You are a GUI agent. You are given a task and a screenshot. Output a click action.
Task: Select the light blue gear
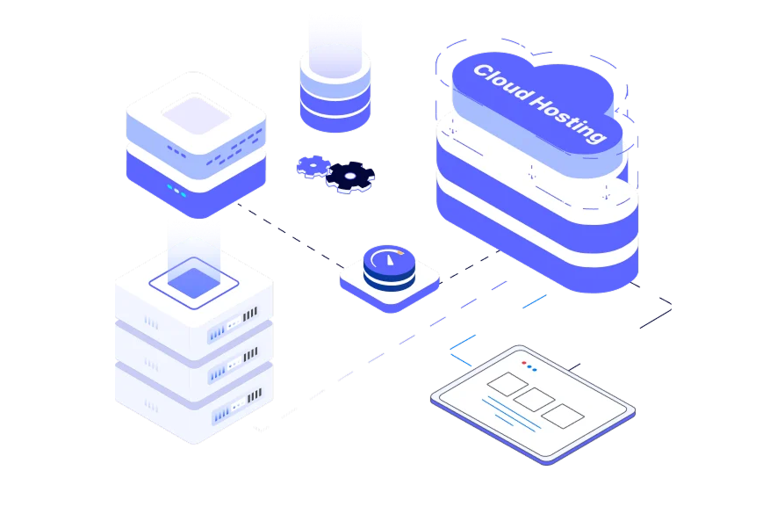(x=313, y=165)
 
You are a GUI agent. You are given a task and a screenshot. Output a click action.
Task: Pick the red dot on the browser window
(x=524, y=363)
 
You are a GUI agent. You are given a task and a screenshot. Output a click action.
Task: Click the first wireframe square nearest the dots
(x=507, y=383)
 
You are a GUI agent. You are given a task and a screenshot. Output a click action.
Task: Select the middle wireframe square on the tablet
(x=534, y=400)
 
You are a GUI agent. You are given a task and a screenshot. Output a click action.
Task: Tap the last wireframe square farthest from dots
(x=560, y=416)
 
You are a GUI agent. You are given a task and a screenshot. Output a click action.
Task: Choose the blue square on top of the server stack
(x=194, y=281)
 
